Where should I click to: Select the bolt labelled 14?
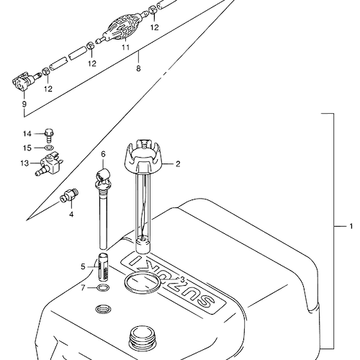49,135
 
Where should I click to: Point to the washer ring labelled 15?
49,148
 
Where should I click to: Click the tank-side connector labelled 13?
50,163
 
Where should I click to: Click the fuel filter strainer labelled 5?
104,266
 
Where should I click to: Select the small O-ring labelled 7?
104,287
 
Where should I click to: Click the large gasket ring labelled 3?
143,284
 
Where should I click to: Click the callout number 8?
138,68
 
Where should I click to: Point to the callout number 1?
351,226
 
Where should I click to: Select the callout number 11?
125,48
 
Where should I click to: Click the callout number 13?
24,163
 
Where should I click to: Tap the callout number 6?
103,154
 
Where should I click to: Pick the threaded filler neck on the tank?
141,338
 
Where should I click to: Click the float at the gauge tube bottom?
143,244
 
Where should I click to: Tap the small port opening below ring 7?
104,309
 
